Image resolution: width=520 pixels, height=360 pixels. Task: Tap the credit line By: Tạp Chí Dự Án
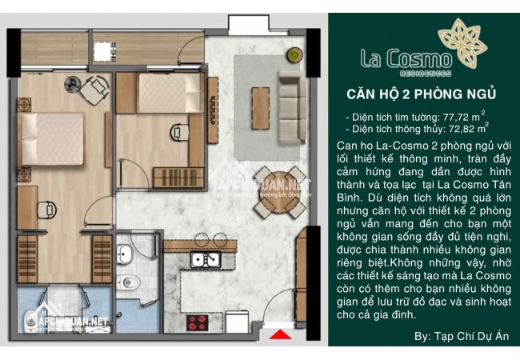(462, 336)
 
